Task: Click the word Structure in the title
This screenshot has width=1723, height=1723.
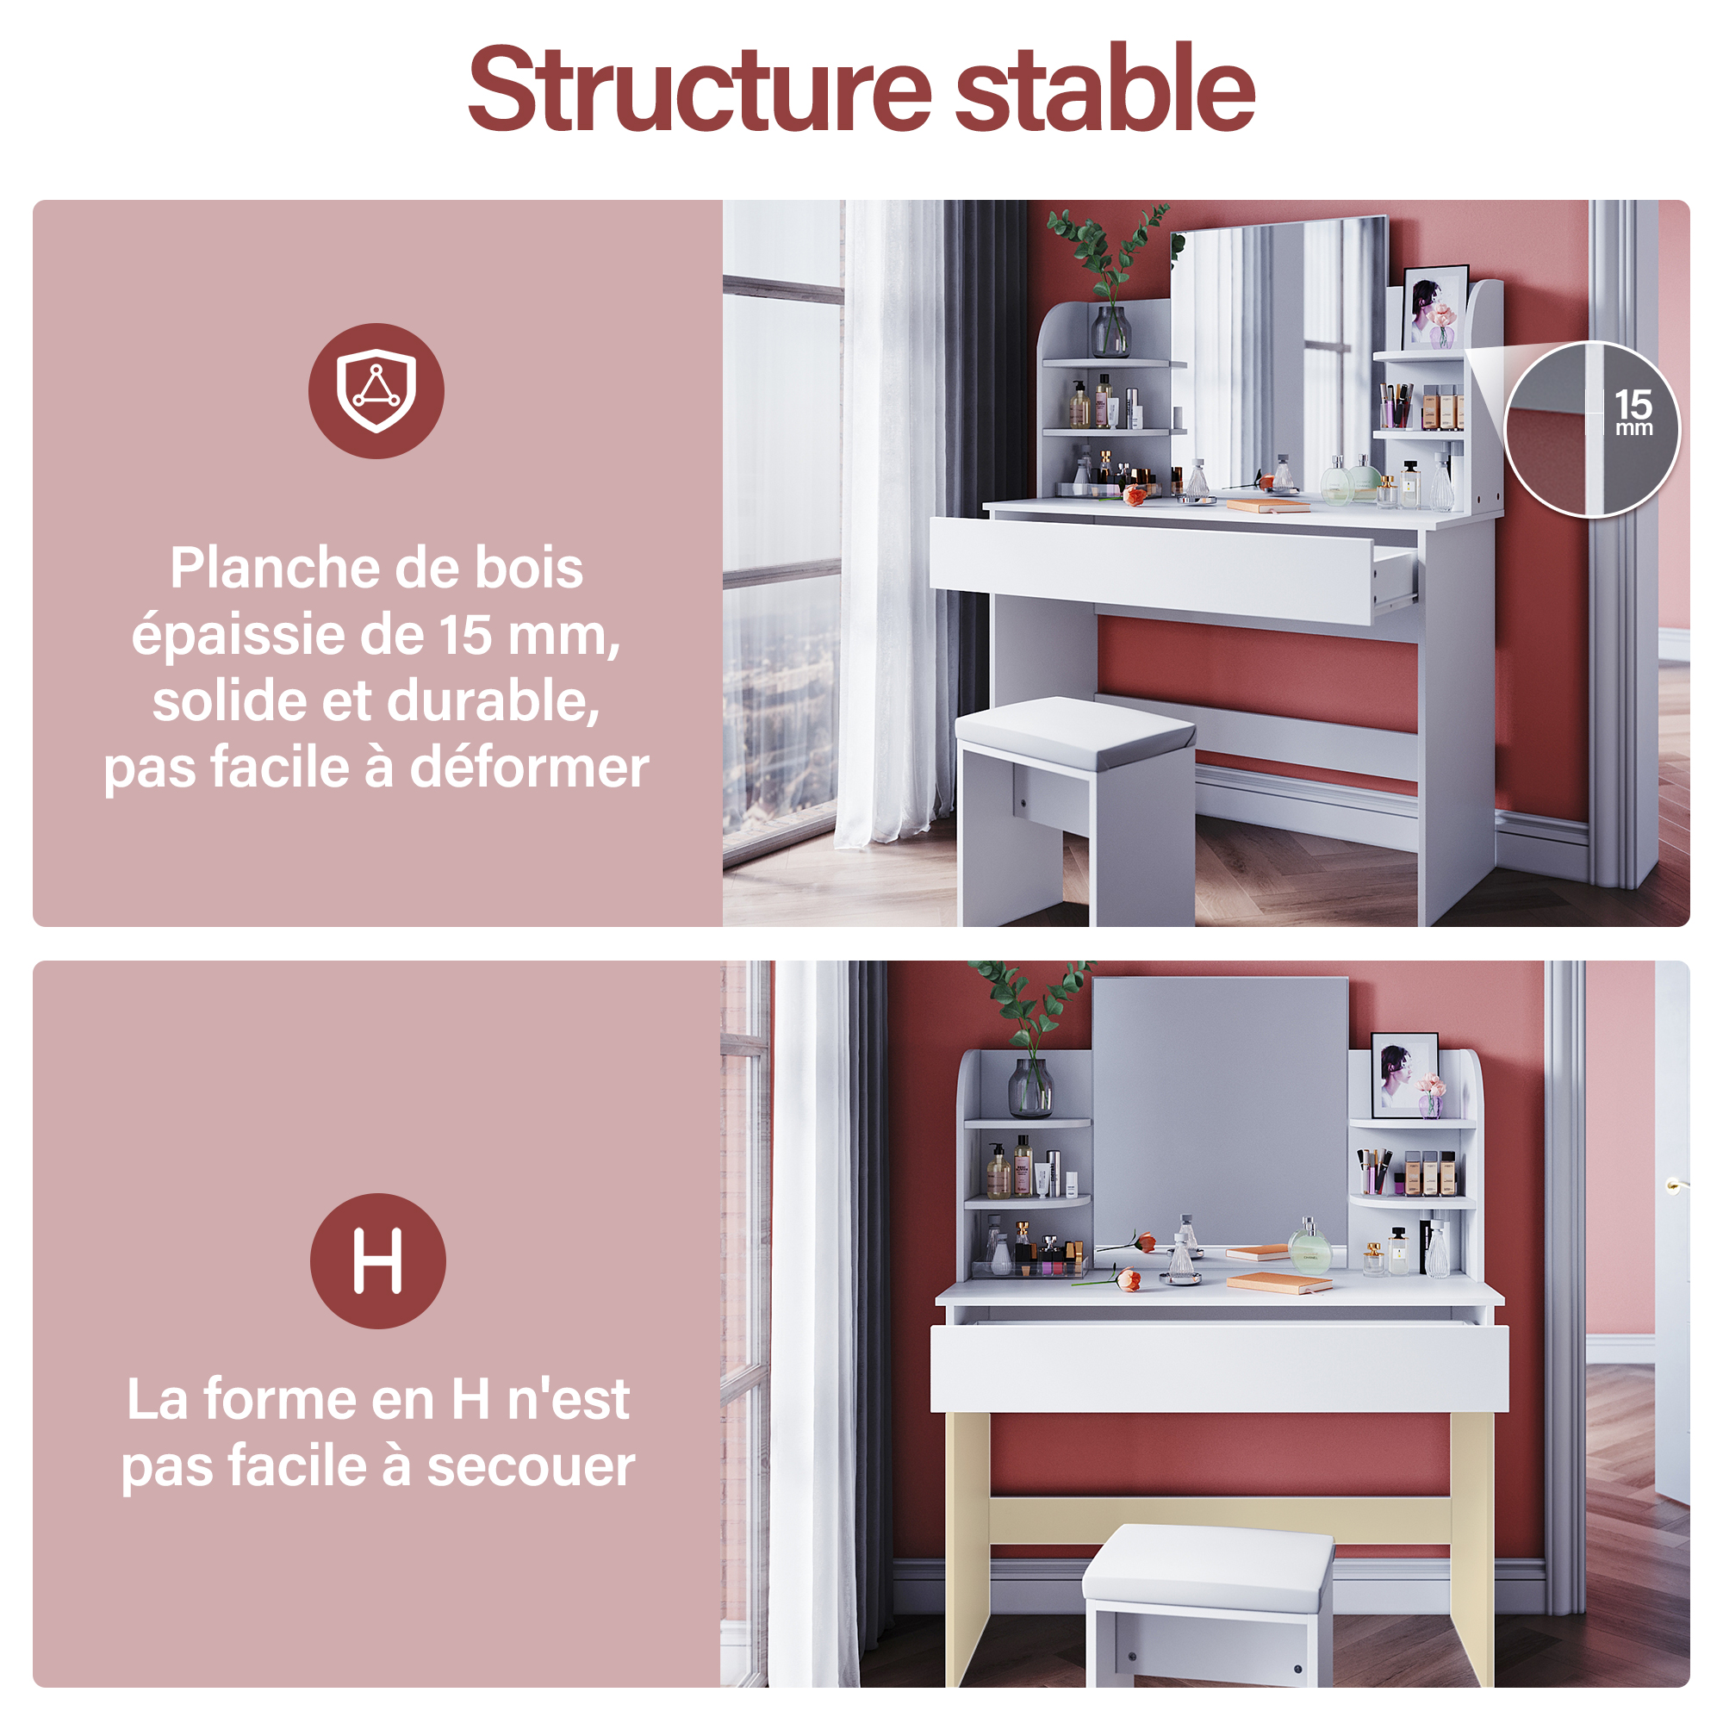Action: pyautogui.click(x=700, y=90)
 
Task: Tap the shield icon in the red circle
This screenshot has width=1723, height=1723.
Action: pyautogui.click(x=376, y=390)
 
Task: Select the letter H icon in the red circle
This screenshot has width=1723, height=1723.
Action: pyautogui.click(x=377, y=1260)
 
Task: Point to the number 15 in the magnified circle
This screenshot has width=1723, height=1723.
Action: pyautogui.click(x=1633, y=404)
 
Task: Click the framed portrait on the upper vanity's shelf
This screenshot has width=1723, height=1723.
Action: pyautogui.click(x=1435, y=307)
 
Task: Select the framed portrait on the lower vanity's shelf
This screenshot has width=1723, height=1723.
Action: pyautogui.click(x=1404, y=1074)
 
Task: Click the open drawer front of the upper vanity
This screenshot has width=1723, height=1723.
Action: pyautogui.click(x=1151, y=569)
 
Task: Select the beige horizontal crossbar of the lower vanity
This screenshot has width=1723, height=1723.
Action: pyautogui.click(x=1220, y=1521)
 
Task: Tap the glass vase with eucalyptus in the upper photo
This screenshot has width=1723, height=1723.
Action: pyautogui.click(x=1111, y=331)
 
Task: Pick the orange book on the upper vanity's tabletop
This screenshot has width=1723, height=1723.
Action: pyautogui.click(x=1268, y=506)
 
